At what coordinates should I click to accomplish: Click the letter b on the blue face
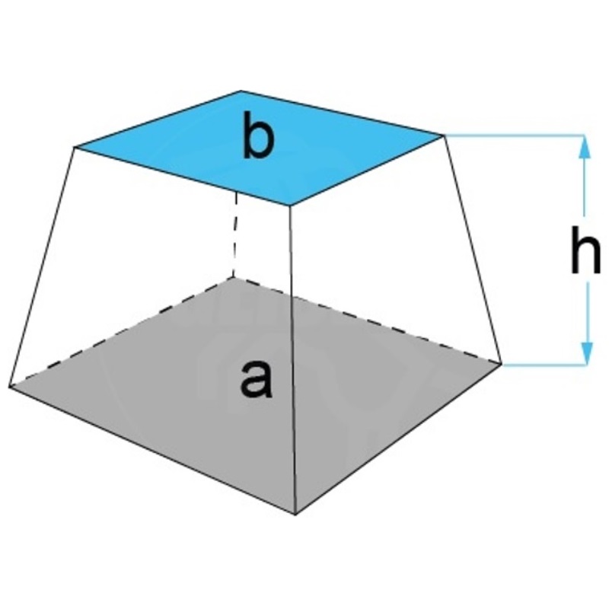258,136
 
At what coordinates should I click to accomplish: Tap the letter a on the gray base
257,379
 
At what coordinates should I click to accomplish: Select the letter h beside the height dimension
585,249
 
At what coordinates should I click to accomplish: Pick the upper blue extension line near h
514,136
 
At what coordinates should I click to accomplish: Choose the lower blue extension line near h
544,365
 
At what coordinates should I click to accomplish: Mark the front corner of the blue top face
290,205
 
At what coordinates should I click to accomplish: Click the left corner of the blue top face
75,147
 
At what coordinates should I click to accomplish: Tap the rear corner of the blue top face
241,91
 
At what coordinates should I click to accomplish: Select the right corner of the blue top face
444,136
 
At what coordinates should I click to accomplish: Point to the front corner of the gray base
295,515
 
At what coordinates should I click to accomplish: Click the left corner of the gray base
9,386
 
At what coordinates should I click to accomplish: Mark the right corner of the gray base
502,364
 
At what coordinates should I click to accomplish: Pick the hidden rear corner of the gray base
234,278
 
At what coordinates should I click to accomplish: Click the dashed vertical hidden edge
235,234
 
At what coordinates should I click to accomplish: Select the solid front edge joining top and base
293,359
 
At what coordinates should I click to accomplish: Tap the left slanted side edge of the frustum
42,267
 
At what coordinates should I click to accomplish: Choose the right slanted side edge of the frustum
473,250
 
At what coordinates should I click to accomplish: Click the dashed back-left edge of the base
121,332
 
